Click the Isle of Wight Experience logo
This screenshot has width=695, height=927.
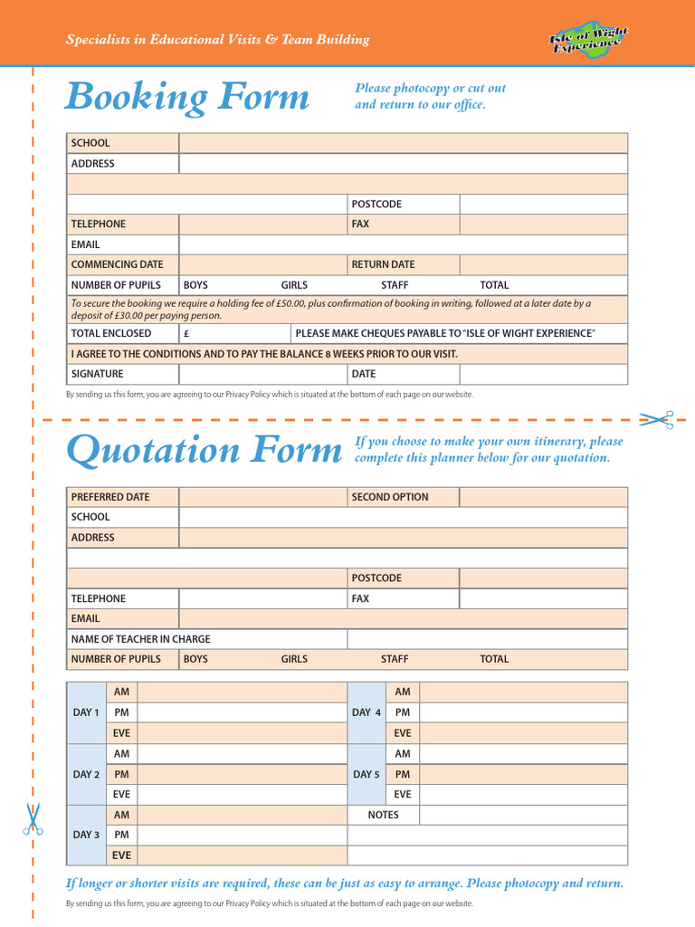588,39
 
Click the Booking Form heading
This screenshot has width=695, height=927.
186,97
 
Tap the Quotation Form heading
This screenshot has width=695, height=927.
205,450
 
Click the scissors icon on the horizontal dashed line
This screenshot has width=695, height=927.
656,419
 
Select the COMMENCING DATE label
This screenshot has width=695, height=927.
118,264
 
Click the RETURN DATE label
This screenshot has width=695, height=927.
383,264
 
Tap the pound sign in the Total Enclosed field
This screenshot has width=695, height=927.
186,333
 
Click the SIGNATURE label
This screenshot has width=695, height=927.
98,374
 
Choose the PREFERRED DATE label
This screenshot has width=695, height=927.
110,497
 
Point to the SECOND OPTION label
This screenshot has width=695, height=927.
390,497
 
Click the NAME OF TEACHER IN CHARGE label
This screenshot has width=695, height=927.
140,639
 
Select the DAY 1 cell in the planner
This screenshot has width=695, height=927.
86,712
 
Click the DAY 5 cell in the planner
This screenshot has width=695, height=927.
366,774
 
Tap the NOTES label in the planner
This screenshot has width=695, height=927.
383,815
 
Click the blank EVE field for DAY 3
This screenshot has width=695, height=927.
242,855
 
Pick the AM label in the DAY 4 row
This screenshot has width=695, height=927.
403,692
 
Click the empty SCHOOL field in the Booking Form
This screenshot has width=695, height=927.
403,143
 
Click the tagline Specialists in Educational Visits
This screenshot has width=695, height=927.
217,39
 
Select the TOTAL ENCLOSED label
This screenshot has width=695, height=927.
111,333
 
